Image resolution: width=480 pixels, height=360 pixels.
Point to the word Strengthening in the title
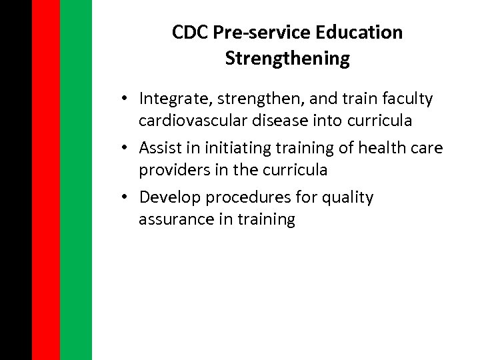click(287, 59)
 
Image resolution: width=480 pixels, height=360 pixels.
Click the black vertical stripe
click(15, 180)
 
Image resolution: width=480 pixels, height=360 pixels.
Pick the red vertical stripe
click(45, 180)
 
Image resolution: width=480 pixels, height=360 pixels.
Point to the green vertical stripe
click(75, 180)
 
